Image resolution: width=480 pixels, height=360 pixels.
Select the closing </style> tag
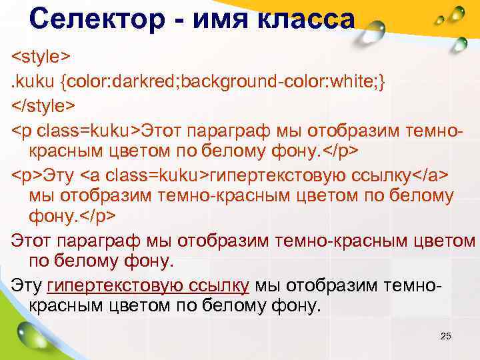[x=44, y=105]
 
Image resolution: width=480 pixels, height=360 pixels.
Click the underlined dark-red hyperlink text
[x=148, y=286]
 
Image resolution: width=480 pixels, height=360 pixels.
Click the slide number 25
[x=446, y=336]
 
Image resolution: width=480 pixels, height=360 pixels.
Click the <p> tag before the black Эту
[x=27, y=175]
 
